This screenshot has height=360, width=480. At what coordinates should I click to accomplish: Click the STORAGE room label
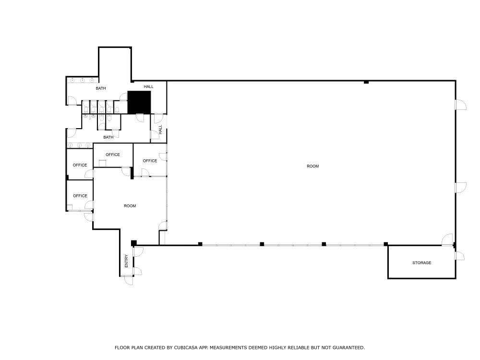tap(421, 263)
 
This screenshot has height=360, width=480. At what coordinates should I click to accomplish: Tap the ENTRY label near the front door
tap(126, 261)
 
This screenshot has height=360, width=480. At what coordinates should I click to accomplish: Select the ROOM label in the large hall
tap(312, 166)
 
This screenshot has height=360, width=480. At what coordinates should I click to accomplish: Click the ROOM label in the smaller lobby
tap(130, 206)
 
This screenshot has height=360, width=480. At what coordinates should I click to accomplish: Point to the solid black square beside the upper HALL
tap(139, 102)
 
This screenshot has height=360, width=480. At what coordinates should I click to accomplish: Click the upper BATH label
tap(100, 88)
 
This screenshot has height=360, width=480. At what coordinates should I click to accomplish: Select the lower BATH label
tap(108, 137)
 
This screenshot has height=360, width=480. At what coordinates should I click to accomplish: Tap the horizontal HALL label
tap(149, 86)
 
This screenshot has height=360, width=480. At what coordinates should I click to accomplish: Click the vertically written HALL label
tap(161, 130)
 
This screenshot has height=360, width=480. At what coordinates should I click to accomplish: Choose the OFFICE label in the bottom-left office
tap(80, 196)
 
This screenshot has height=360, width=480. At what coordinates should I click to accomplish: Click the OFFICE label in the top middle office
tap(112, 155)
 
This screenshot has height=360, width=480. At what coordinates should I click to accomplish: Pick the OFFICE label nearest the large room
tap(150, 161)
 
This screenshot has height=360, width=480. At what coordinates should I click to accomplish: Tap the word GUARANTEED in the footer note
tap(348, 348)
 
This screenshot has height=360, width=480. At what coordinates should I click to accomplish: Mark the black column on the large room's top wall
tap(366, 82)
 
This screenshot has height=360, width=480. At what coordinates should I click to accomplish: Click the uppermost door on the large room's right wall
tap(460, 105)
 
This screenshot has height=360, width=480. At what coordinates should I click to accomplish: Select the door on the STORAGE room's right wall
tap(459, 256)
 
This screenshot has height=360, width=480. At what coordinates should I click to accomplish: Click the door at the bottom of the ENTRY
tap(129, 280)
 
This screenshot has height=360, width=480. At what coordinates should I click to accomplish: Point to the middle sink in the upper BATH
tap(82, 80)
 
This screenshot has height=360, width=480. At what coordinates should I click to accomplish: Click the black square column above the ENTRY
tap(134, 243)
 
